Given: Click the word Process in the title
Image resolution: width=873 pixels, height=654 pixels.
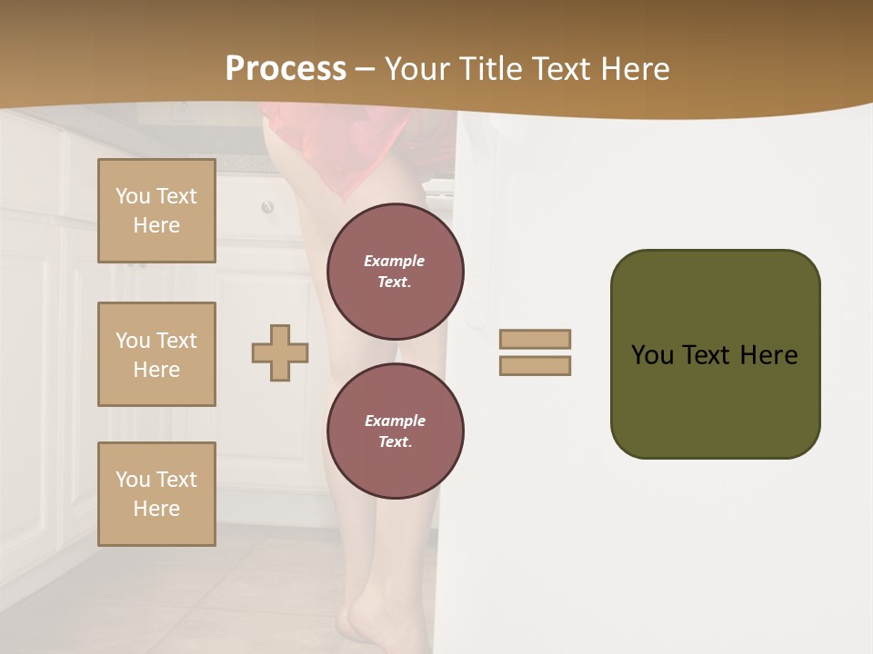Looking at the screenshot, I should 286,68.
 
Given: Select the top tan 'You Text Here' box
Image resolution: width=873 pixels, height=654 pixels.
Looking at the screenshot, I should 156,211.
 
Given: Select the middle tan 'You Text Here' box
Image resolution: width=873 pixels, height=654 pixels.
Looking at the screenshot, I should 156,354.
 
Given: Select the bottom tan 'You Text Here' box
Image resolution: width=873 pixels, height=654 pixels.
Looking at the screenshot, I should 156,494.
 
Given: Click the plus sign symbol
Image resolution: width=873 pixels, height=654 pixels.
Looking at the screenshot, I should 280,352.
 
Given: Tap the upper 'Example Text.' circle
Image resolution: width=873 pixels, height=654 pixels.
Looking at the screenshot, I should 396,272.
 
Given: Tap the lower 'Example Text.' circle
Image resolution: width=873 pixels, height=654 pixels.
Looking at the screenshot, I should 396,431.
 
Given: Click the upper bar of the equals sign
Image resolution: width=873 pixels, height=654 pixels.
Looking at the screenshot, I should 536,339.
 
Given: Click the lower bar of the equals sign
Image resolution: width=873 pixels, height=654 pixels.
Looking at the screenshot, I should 536,366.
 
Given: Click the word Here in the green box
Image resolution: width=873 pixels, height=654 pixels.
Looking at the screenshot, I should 768,354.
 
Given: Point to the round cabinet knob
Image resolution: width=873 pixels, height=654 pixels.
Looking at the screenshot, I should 267,208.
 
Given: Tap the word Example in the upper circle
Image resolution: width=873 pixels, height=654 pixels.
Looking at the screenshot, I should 395,261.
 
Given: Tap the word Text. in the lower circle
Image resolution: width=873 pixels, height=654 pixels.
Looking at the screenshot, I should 396,441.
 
